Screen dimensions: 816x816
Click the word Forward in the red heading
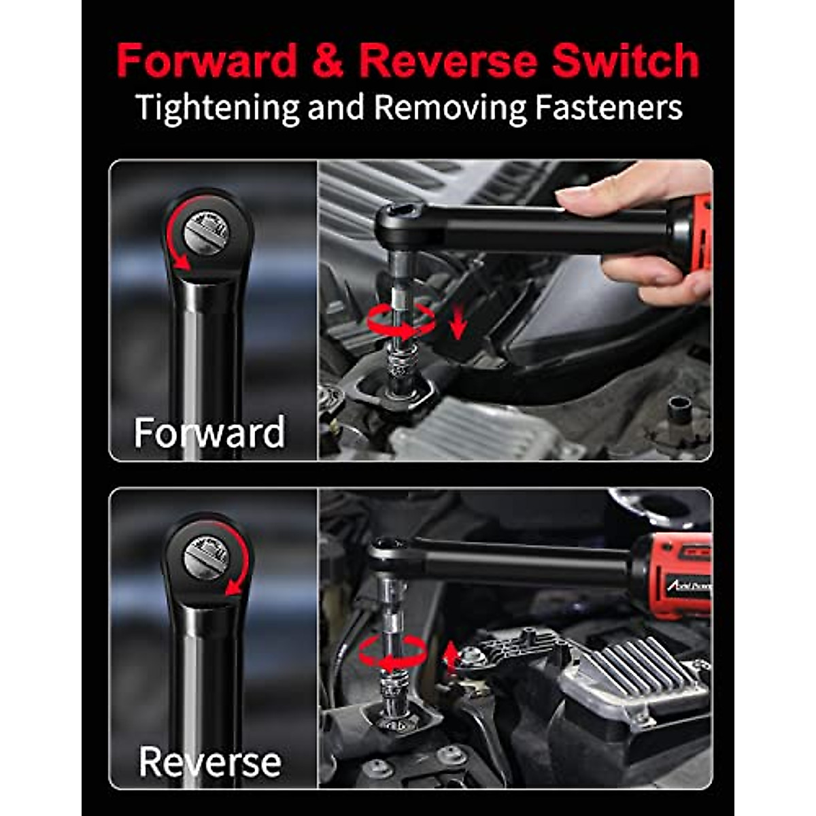click(x=207, y=61)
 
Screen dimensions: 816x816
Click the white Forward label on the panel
click(x=209, y=432)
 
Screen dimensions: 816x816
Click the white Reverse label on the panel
click(x=209, y=762)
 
